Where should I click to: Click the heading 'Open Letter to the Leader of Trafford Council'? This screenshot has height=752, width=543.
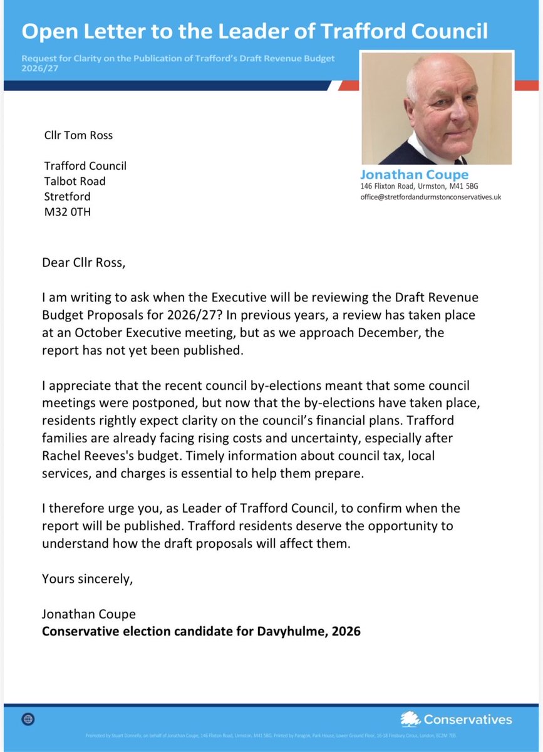(254, 31)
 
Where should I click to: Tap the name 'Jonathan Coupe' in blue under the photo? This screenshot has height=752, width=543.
(414, 175)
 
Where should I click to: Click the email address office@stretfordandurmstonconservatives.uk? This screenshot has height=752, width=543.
(431, 197)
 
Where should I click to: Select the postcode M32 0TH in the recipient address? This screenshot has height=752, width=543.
(67, 212)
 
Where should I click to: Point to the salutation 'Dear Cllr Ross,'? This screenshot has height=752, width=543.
(83, 262)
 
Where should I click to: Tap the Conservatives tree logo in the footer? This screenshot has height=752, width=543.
(410, 719)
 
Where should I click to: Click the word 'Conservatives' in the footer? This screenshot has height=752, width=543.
(467, 719)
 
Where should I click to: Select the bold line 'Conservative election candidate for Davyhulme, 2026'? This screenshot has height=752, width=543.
(201, 631)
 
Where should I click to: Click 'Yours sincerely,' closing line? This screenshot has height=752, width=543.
(87, 578)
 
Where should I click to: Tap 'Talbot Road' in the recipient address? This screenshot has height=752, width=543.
(75, 181)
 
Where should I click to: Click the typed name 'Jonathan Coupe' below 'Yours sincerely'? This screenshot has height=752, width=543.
(88, 614)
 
